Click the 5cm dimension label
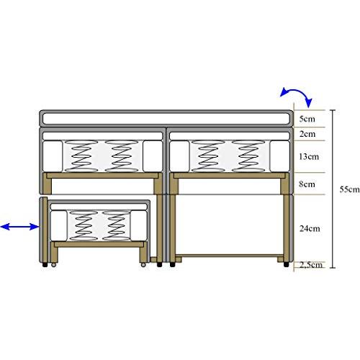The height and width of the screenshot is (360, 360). coord(307,119)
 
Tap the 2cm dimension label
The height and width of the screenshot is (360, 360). coord(307,134)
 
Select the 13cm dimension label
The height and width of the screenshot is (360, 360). coord(309,156)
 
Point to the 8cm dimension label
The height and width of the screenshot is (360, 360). coord(307,184)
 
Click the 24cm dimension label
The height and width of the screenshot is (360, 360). coord(310,228)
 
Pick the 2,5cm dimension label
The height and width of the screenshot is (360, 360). coord(311,265)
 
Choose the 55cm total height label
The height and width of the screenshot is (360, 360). coord(349,189)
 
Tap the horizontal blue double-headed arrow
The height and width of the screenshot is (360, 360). coord(19,227)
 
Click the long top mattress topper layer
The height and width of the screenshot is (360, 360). coord(166,119)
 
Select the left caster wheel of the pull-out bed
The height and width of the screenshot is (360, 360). coord(53,265)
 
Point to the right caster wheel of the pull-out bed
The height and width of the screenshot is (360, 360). coord(143,265)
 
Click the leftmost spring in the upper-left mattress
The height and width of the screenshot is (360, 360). coord(81,156)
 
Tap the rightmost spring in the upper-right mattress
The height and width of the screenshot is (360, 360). coord(248,156)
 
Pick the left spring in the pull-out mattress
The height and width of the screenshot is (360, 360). coord(84,225)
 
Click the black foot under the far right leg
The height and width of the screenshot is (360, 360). coord(286,264)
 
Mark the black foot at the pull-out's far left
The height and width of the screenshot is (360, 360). coord(45,264)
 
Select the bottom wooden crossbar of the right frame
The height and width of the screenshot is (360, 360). coord(229,256)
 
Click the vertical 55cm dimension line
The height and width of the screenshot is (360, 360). coord(333,189)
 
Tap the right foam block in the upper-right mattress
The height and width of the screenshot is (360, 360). coord(279,156)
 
